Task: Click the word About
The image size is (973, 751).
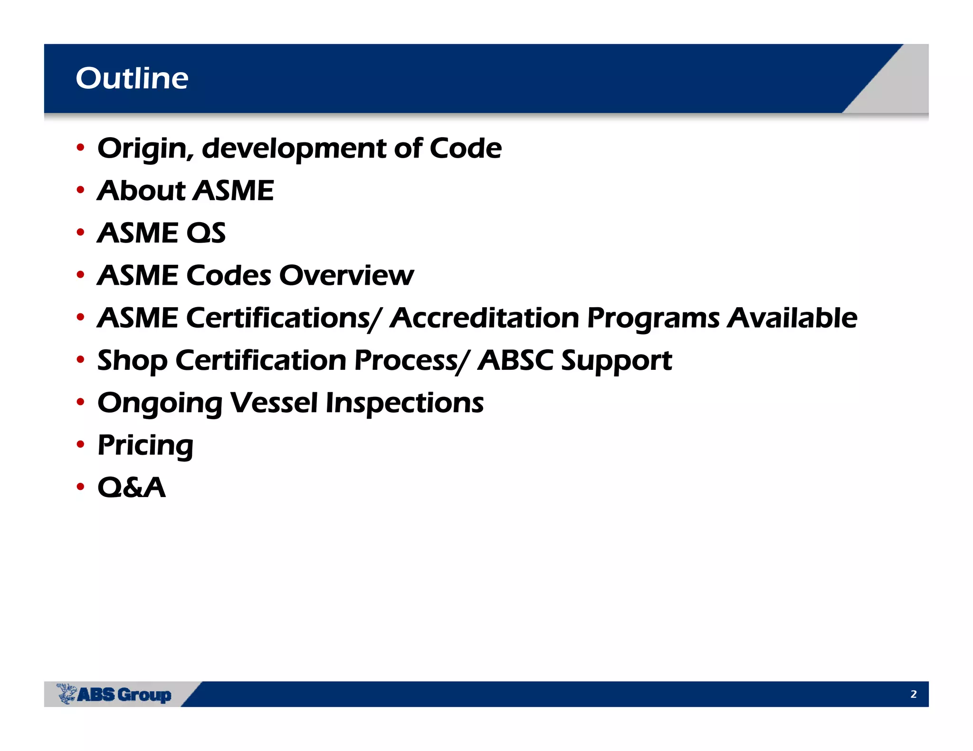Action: point(141,191)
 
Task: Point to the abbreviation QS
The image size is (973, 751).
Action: point(206,233)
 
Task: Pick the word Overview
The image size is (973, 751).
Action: point(346,275)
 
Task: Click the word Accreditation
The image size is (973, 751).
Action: point(484,318)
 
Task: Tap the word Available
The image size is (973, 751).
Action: point(792,318)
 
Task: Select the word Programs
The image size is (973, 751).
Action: point(653,319)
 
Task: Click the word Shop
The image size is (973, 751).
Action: point(132,361)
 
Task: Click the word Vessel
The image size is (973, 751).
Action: point(274,403)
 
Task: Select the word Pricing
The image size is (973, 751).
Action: point(145,446)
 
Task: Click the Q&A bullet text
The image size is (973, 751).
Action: point(132,488)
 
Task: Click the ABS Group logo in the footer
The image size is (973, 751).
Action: point(114,694)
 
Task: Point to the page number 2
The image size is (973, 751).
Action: point(913,694)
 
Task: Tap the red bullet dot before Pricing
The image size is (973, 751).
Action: point(80,445)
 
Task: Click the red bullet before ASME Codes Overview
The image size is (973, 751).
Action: point(80,274)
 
